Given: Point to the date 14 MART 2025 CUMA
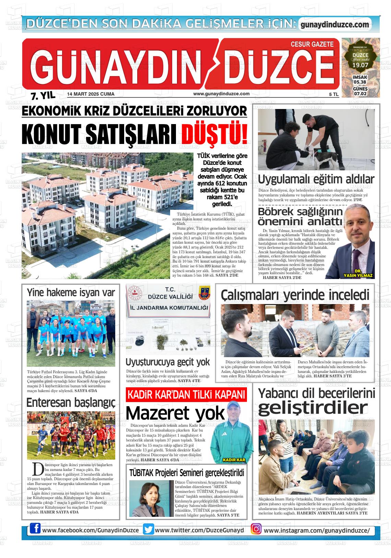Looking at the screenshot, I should [x=91, y=94].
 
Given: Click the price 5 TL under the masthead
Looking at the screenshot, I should [x=333, y=94].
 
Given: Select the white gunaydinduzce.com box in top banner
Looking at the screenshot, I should [x=335, y=25].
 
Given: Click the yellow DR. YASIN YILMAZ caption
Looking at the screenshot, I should [x=358, y=273].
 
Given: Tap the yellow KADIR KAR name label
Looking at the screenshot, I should [x=234, y=460].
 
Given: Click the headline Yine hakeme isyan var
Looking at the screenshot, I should [x=71, y=293].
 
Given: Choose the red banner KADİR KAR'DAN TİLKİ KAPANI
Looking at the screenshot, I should [x=186, y=395].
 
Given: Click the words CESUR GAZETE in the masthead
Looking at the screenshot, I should [x=312, y=44].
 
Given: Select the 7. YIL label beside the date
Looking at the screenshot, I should [x=43, y=96].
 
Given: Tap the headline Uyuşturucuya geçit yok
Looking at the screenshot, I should [x=167, y=362].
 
